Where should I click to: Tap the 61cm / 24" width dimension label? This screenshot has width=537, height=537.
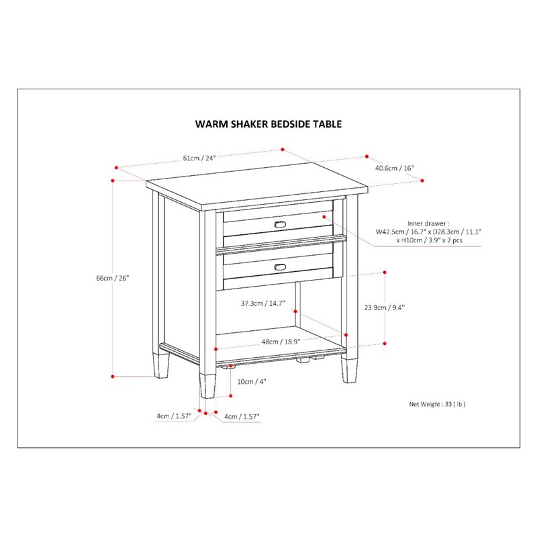pos(200,158)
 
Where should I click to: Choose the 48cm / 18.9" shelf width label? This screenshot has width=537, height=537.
pos(278,342)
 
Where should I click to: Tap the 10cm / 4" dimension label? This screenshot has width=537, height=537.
pos(252,381)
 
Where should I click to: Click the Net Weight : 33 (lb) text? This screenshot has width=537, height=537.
pos(437,404)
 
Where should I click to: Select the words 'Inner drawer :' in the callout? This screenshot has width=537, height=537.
pos(428,223)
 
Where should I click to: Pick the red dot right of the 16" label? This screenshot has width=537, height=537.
pos(423,180)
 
